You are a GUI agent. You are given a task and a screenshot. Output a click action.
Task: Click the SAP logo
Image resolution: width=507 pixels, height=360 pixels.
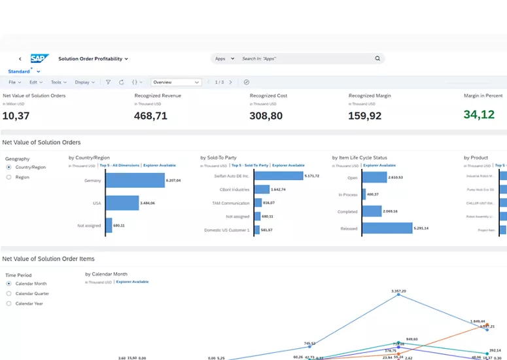pyautogui.click(x=40, y=58)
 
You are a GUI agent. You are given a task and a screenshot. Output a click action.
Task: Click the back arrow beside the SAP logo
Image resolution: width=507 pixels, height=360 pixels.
pyautogui.click(x=20, y=59)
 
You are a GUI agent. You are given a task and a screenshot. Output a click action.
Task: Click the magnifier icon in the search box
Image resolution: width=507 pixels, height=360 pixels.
pyautogui.click(x=377, y=59)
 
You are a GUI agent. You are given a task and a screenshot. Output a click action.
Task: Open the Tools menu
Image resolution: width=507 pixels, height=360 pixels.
pyautogui.click(x=58, y=82)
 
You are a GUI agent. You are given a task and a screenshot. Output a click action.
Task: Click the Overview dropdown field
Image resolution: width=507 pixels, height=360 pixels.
pyautogui.click(x=176, y=82)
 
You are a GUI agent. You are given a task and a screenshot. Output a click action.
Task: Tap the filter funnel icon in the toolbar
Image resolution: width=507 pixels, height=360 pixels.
pyautogui.click(x=109, y=82)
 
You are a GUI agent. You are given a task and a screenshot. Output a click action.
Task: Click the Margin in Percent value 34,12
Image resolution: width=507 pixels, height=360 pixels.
pyautogui.click(x=479, y=115)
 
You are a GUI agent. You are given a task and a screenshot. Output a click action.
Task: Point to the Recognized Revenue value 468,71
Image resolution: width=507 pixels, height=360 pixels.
pyautogui.click(x=151, y=116)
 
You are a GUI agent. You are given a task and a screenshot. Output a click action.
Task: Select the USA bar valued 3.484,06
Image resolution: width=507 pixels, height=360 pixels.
pyautogui.click(x=122, y=203)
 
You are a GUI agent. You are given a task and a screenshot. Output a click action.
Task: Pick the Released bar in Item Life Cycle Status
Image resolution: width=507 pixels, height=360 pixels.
pyautogui.click(x=386, y=228)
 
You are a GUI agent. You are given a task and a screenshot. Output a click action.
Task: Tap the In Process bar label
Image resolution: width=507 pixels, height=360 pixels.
pyautogui.click(x=348, y=194)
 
